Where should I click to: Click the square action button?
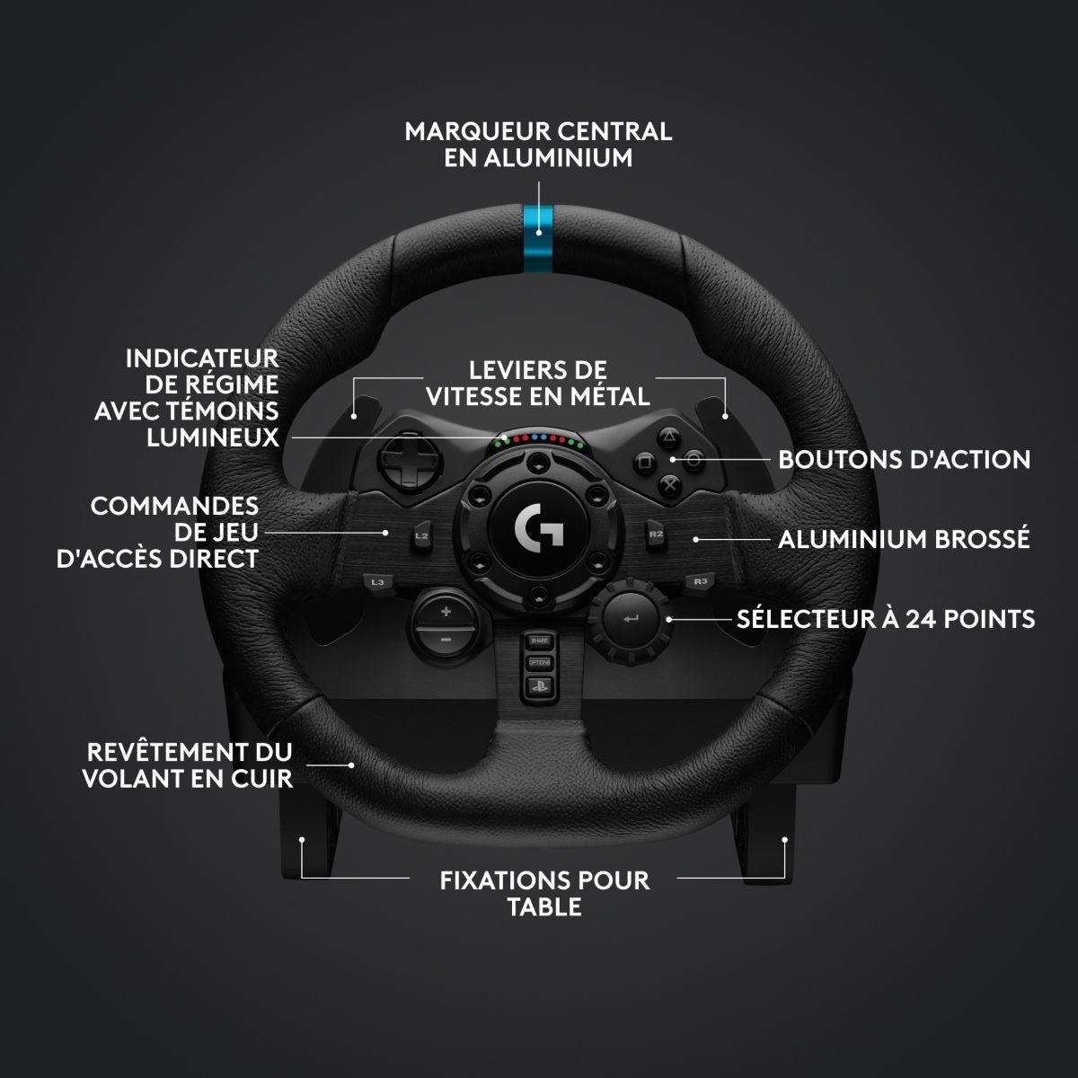coord(644,464)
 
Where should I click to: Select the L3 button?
coord(378,582)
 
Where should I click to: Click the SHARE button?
coord(539,641)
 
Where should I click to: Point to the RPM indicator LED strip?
coord(539,441)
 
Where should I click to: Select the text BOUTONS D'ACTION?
coord(904,460)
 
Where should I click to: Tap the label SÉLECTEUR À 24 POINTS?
coord(886,619)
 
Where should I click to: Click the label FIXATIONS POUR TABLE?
coord(544,892)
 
